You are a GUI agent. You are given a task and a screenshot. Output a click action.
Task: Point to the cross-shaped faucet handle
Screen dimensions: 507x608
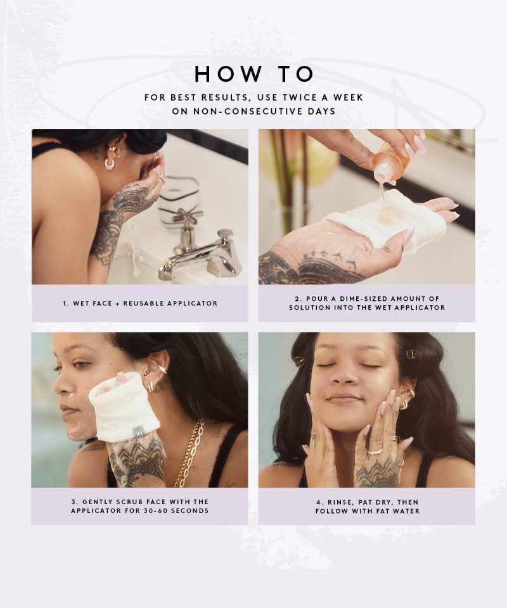[188, 217]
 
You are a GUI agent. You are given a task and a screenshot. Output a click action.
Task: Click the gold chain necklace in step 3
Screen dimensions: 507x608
[191, 453]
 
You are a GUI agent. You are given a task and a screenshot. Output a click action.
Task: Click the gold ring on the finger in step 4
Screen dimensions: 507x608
[375, 452]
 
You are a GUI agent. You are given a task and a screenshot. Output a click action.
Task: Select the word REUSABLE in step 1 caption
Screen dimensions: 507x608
[143, 303]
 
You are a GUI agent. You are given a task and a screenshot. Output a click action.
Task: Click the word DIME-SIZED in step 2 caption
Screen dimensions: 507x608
[363, 298]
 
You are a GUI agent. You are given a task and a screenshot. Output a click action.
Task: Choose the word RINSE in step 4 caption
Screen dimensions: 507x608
[340, 502]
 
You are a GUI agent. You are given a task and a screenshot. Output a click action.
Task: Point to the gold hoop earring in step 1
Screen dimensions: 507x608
[110, 164]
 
